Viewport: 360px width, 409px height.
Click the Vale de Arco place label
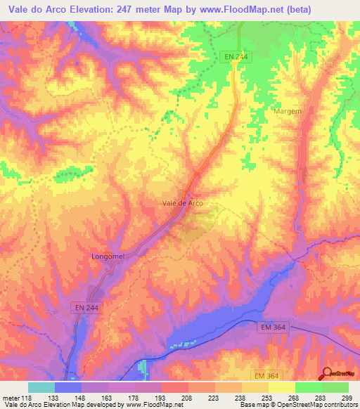pos(183,203)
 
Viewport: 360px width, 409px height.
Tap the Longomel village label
pos(108,257)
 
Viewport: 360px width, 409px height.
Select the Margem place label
pos(287,112)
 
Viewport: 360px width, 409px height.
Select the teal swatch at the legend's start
pos(41,387)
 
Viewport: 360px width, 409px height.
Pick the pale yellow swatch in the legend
pos(282,387)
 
